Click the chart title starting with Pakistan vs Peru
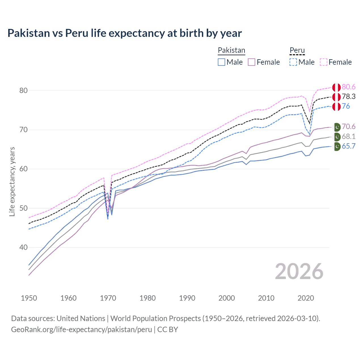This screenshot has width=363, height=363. tap(124, 33)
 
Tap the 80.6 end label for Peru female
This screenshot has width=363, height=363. tap(349, 87)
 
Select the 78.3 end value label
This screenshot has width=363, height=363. tap(349, 96)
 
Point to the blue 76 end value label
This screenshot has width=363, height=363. tap(346, 106)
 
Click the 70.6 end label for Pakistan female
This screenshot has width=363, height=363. tap(349, 126)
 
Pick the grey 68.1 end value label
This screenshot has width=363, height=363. tap(349, 136)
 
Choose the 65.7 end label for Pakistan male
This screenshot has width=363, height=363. tap(349, 146)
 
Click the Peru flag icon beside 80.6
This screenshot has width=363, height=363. tap(336, 87)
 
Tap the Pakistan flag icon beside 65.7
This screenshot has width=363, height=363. tap(337, 147)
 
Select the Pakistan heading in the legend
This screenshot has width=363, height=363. tap(231, 50)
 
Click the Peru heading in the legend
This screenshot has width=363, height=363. tap(297, 50)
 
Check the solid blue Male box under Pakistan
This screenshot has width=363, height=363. tap(221, 62)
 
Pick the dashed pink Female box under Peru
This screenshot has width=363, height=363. tap(324, 62)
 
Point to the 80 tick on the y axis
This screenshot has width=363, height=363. tap(23, 90)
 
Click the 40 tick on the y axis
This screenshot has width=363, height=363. tap(23, 247)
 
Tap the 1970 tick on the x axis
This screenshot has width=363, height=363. tap(108, 298)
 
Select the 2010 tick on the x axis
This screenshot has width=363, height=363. tap(266, 298)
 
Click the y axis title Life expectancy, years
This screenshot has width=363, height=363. tap(12, 181)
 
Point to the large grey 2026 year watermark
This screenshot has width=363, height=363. tap(299, 271)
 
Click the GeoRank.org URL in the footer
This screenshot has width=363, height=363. tap(81, 330)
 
